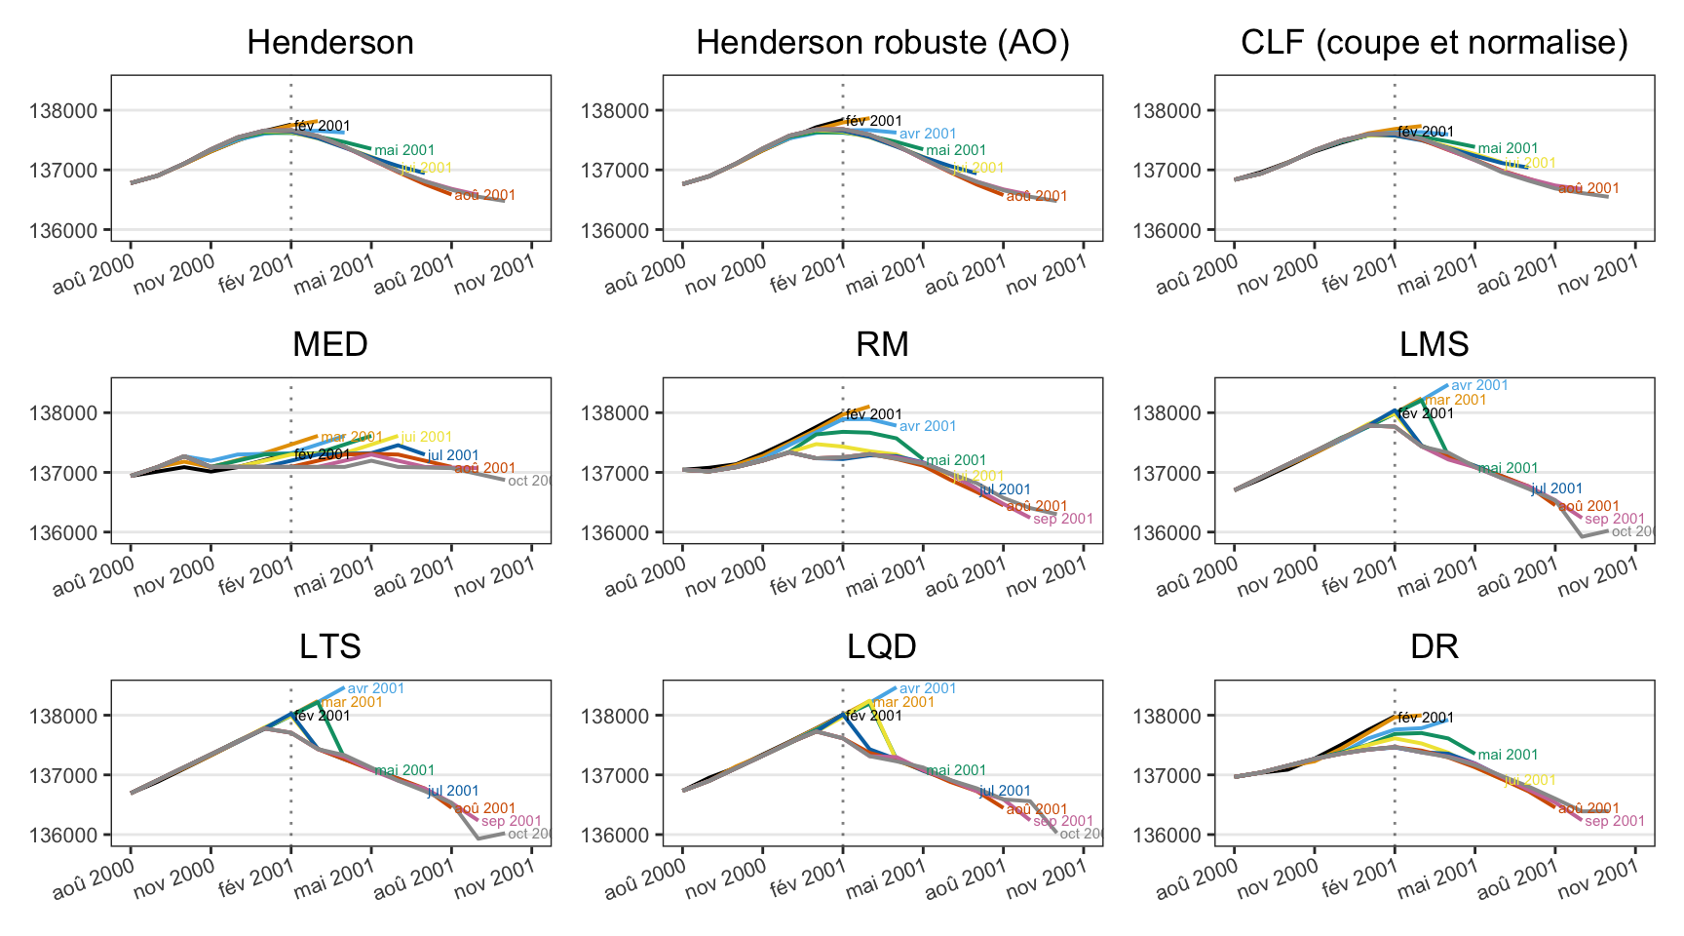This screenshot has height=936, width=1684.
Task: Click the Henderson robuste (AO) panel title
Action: coord(882,43)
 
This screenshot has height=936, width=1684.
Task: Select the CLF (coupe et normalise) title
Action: coord(1434,43)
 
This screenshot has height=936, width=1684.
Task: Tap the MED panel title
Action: coord(330,344)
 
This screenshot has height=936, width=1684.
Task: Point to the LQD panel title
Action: coord(882,646)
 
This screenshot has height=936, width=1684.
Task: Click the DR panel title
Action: coord(1434,646)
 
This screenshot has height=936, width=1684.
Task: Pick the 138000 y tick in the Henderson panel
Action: coord(66,111)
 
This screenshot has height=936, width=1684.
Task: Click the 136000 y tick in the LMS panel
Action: coord(1169,533)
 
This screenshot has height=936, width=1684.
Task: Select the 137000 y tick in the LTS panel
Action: coord(66,776)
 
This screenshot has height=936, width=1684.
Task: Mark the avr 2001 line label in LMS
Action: coord(1479,385)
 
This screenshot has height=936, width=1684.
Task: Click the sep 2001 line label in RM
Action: coord(1063,519)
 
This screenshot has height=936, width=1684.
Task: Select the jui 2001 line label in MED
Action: coord(426,437)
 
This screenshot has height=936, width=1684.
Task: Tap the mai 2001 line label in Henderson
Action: coord(404,150)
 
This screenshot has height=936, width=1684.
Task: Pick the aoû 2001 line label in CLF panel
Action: coord(1588,188)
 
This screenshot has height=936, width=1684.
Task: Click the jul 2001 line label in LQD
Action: coord(1005,791)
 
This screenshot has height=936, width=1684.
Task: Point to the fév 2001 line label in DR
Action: coord(1426,718)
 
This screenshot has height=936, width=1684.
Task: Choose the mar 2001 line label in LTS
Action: coord(352,702)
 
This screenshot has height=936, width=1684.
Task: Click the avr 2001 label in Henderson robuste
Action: coord(928,134)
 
